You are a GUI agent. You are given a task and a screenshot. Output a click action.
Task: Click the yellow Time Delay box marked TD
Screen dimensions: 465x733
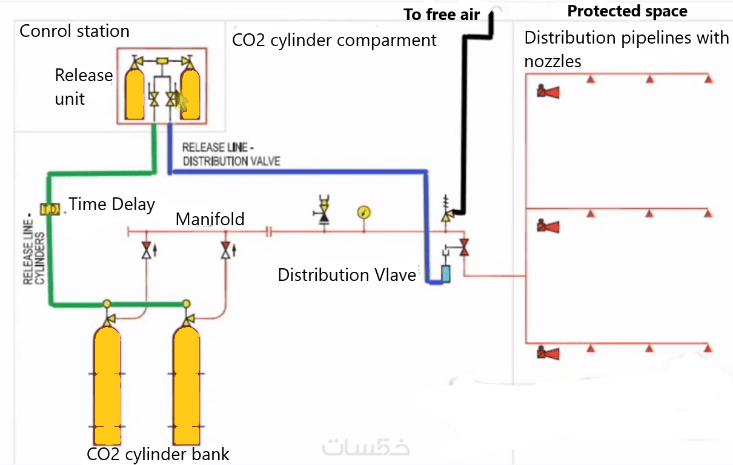coord(50,209)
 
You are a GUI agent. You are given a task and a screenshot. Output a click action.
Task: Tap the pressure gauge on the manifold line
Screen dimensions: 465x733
coord(364,213)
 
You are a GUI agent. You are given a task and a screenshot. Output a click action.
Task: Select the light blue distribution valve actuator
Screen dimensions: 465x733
coord(446,275)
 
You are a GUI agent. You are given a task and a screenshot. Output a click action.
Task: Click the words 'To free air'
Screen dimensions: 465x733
coord(442,15)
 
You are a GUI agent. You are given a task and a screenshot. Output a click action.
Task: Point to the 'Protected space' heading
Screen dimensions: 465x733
coord(627,11)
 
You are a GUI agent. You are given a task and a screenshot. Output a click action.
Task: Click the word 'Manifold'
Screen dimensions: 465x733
coord(210,219)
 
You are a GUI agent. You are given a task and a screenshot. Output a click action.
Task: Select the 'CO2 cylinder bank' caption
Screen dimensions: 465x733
coord(158,454)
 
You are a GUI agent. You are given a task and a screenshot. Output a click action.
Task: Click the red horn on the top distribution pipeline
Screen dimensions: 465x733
coord(548,92)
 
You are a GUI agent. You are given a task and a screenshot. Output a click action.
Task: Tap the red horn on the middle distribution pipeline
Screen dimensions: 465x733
coord(548,226)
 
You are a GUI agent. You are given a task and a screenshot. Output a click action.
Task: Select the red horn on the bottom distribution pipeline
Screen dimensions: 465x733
coord(548,352)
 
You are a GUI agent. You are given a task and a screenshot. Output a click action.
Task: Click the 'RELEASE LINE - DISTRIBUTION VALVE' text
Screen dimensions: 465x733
coord(231,154)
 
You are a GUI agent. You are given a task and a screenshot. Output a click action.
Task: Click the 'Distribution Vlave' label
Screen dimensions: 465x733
coord(347,275)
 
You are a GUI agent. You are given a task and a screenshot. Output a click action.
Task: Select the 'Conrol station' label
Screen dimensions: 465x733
coord(75,31)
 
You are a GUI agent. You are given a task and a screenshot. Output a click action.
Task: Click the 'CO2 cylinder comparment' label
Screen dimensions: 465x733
coord(334,41)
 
